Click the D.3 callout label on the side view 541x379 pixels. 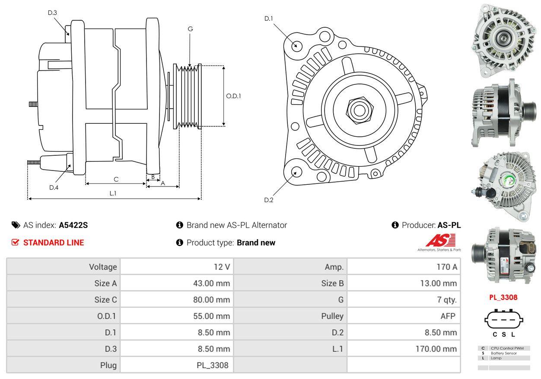pos(52,13)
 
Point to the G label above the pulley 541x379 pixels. pos(190,29)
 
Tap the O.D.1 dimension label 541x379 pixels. pos(233,96)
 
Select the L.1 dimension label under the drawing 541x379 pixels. pos(113,193)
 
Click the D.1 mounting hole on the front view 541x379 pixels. pos(296,45)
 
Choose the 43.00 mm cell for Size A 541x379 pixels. pos(211,283)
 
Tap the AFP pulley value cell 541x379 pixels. pos(448,316)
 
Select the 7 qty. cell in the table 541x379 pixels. pos(447,300)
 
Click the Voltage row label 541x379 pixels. pos(103,267)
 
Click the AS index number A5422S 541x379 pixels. pos(73,225)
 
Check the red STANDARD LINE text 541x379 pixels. pos(54,243)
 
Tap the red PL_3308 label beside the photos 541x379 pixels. pos(503,297)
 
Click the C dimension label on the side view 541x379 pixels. pos(116,179)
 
